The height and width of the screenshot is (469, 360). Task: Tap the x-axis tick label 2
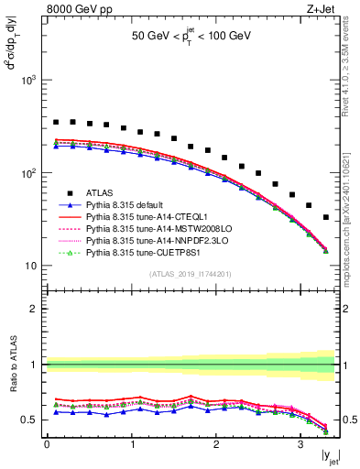tap(216, 445)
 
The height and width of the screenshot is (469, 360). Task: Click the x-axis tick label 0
tap(47, 445)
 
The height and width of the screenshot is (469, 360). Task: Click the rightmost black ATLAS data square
tap(326, 217)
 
